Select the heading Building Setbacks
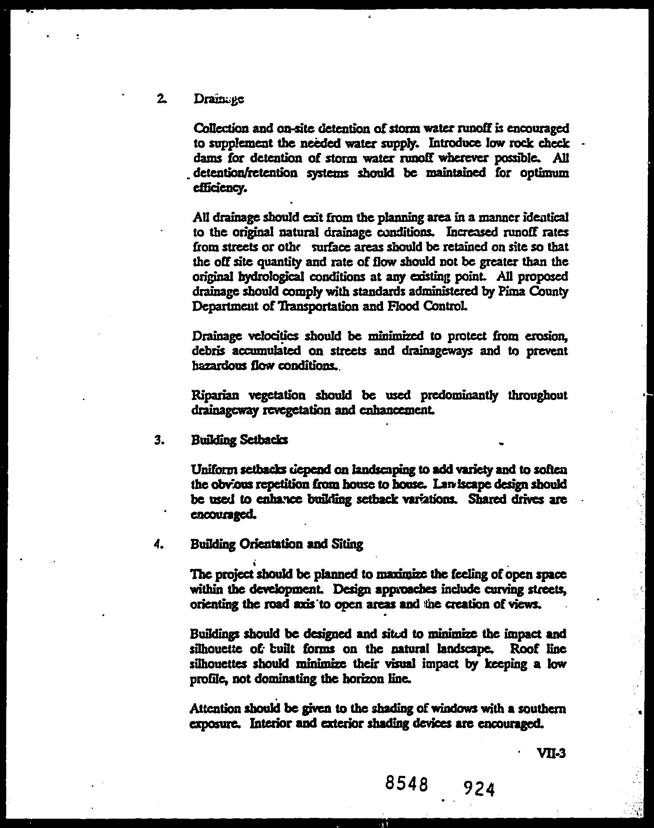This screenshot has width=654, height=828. [x=239, y=440]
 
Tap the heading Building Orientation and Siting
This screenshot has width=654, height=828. [x=276, y=544]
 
